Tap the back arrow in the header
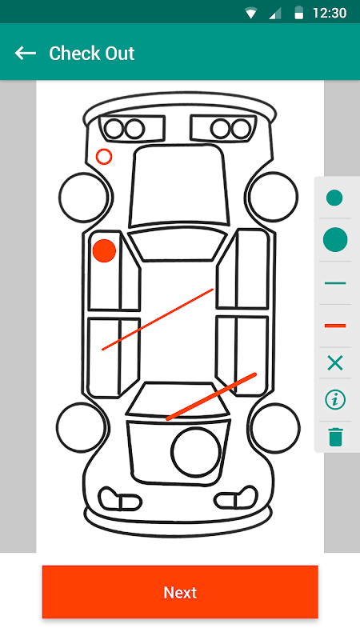[26, 53]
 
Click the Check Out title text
[91, 54]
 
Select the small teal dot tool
[334, 198]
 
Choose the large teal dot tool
[335, 239]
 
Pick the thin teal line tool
[335, 283]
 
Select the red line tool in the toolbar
[335, 326]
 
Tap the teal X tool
[335, 362]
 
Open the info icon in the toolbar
[335, 400]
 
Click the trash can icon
[335, 437]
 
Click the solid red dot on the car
[104, 250]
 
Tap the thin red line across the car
[158, 319]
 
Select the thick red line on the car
[211, 396]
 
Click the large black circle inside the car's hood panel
[171, 452]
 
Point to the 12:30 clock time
[330, 13]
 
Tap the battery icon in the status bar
[298, 13]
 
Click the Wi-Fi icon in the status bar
[250, 14]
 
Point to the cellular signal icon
[276, 14]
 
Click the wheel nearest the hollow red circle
[60, 198]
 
